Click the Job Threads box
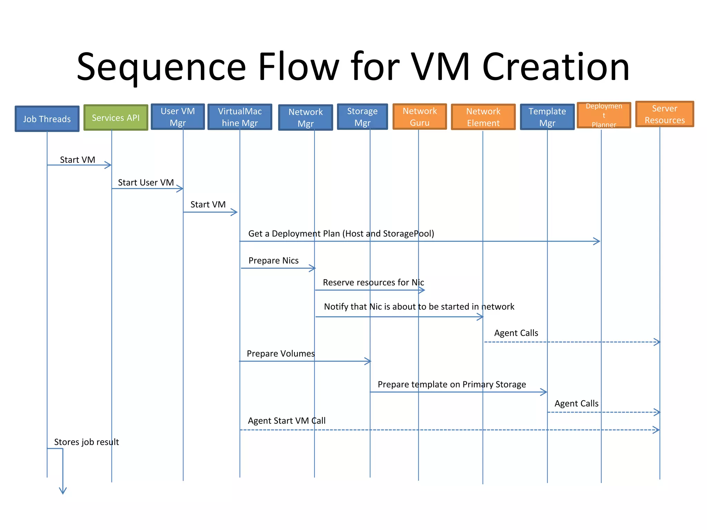pos(47,119)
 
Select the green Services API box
pos(116,118)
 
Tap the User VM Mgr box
pos(178,117)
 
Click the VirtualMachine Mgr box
pos(240,117)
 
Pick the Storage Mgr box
pos(362,117)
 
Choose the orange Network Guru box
pos(419,117)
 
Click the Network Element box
pos(483,117)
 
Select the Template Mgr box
pos(547,117)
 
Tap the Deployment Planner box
pos(604,115)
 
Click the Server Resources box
pos(665,114)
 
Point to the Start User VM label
pos(146,183)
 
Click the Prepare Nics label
pos(273,261)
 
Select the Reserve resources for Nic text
pos(373,283)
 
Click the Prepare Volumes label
pos(281,354)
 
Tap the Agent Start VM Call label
pos(287,421)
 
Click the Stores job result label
pos(86,442)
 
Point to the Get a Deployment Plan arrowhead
pos(597,241)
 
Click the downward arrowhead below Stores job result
pos(63,491)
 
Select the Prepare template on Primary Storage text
pos(452,384)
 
